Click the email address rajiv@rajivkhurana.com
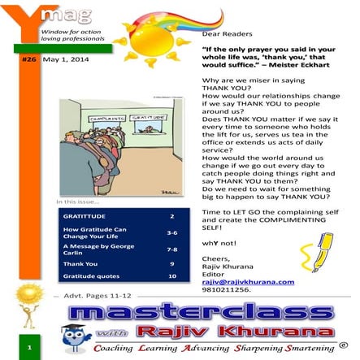[248, 281]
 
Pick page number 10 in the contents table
[171, 275]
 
